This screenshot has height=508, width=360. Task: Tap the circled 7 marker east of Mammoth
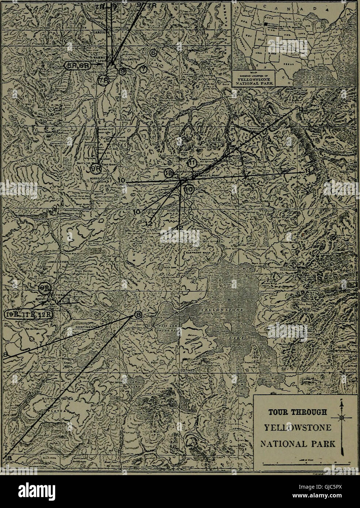point(143,69)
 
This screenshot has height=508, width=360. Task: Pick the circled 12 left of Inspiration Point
point(169,173)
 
